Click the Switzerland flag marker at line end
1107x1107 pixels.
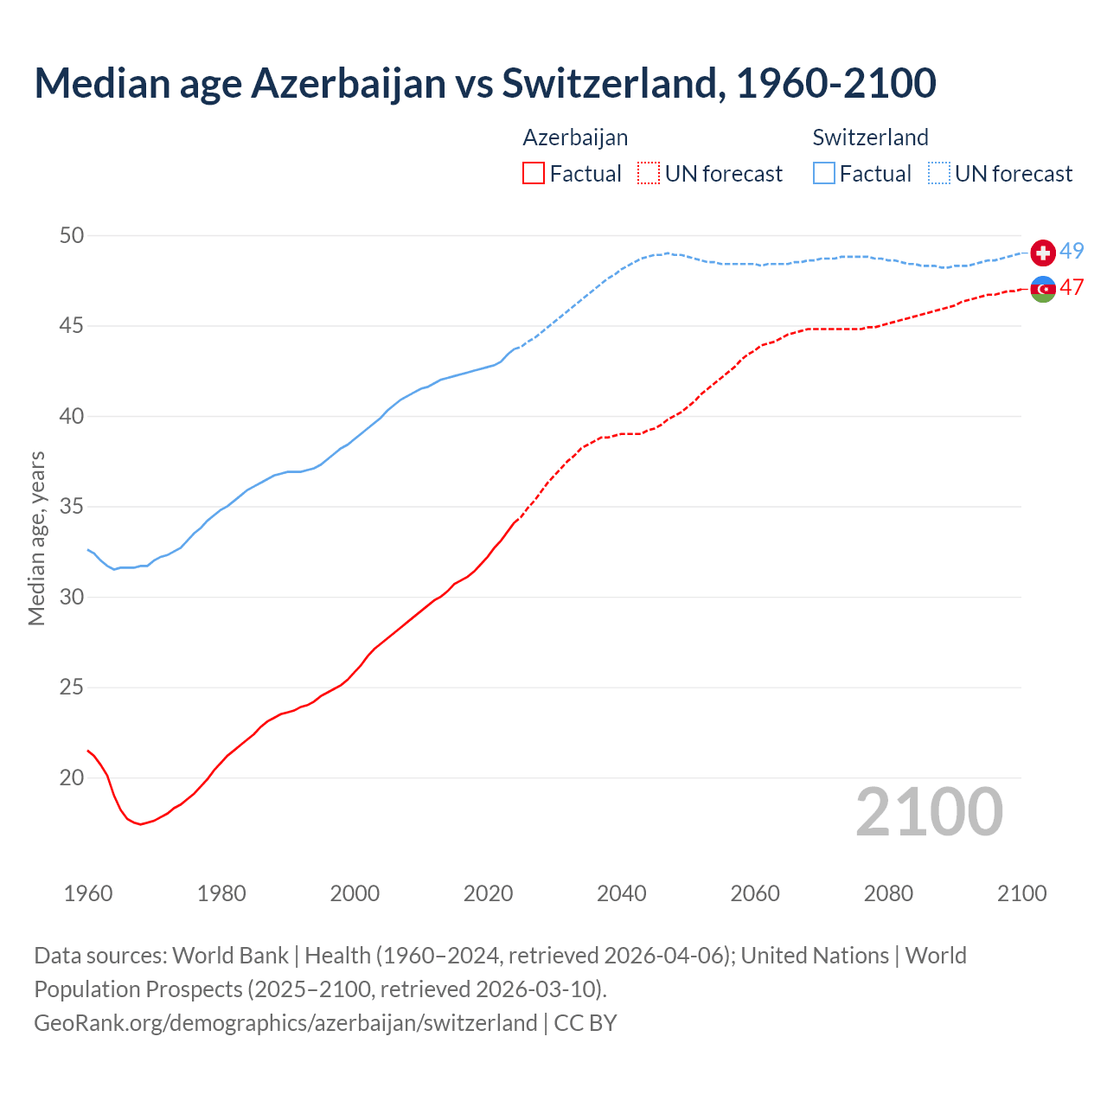point(1043,253)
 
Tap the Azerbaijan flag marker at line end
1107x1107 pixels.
point(1043,289)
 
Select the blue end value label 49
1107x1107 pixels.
point(1072,251)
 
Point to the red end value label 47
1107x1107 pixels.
point(1072,287)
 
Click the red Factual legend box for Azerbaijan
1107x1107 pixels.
point(534,174)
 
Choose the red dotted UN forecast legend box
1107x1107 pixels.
point(649,174)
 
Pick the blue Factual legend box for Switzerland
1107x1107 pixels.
point(824,174)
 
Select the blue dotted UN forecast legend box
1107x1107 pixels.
point(938,174)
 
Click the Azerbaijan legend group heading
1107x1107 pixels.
point(575,138)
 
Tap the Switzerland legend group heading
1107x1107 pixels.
point(870,138)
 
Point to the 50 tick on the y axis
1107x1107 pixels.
point(72,235)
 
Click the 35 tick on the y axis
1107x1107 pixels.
point(72,507)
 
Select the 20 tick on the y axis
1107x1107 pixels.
point(72,777)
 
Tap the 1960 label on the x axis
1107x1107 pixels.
point(88,893)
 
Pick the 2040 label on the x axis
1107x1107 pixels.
point(622,893)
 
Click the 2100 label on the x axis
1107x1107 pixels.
point(1021,893)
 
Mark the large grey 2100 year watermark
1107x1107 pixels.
point(929,812)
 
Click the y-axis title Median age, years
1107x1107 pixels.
point(36,538)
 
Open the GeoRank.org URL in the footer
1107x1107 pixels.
point(285,1023)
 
